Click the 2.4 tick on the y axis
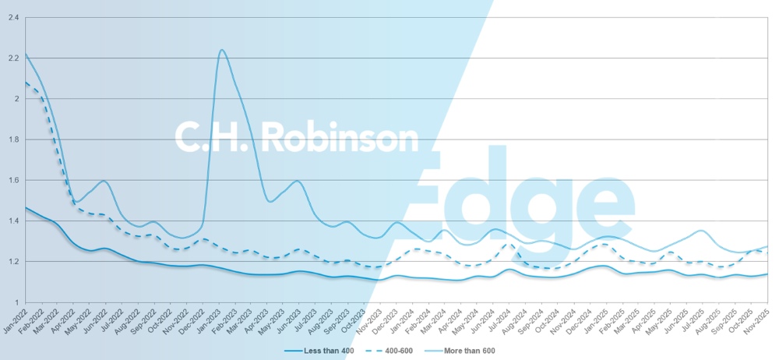click(x=13, y=18)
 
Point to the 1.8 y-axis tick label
click(x=13, y=139)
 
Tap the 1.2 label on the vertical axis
click(x=13, y=261)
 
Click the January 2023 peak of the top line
click(x=222, y=50)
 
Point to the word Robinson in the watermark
click(x=341, y=137)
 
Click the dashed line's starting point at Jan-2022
click(x=26, y=83)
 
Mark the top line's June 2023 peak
click(x=298, y=181)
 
